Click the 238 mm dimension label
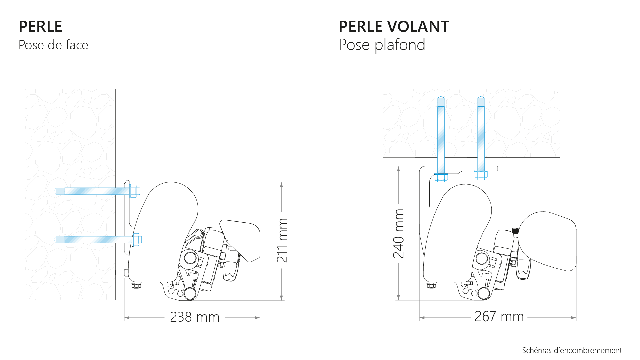coord(195,317)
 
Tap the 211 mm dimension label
coord(282,240)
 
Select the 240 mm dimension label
coord(399,233)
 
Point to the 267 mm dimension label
coord(499,316)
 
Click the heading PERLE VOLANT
coord(394,27)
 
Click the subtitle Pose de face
coord(53,45)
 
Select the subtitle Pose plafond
coord(382,45)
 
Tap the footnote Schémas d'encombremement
coord(572,350)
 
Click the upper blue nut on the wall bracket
coord(134,191)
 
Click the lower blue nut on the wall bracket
coord(136,240)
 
